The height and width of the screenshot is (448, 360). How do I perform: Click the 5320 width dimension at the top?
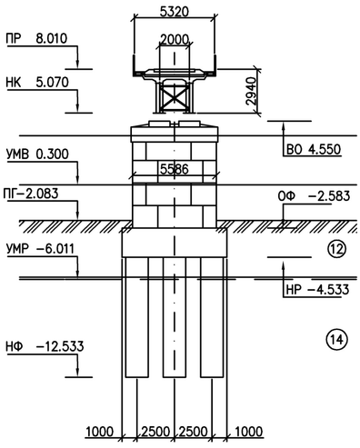point(174,12)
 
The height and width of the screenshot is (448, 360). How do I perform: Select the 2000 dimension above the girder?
point(174,40)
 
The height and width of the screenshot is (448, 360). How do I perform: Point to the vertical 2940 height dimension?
point(251,91)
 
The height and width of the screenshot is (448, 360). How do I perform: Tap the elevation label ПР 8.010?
point(36,39)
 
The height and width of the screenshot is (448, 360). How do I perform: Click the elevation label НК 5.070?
point(37,83)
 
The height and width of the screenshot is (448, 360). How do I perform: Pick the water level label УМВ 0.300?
point(37,154)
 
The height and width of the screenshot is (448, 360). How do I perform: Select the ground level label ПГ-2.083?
point(31,194)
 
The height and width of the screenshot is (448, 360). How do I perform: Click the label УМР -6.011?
point(40,249)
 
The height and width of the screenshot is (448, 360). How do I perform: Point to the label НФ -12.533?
point(45,346)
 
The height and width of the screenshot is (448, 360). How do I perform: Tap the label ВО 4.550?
point(314,150)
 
